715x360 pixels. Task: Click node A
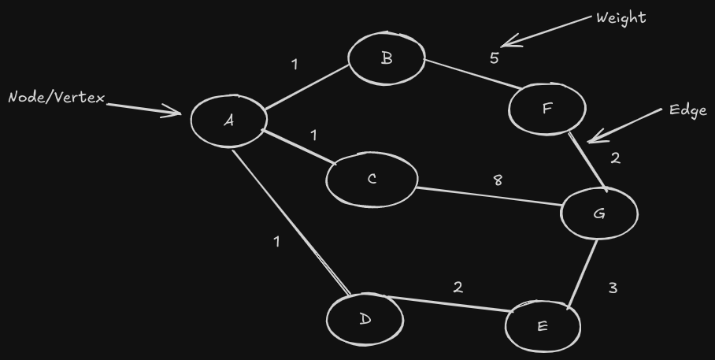pyautogui.click(x=229, y=121)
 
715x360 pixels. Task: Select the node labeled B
pyautogui.click(x=387, y=58)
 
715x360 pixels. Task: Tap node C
pyautogui.click(x=372, y=180)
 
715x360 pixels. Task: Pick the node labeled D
pyautogui.click(x=365, y=319)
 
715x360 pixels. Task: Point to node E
pyautogui.click(x=543, y=325)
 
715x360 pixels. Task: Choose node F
pyautogui.click(x=547, y=109)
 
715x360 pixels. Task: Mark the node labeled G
pyautogui.click(x=599, y=213)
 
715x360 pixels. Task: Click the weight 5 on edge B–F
pyautogui.click(x=494, y=58)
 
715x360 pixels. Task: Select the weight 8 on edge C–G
pyautogui.click(x=497, y=180)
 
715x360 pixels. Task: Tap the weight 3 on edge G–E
pyautogui.click(x=613, y=288)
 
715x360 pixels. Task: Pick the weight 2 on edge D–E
pyautogui.click(x=458, y=288)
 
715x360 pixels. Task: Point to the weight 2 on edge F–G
pyautogui.click(x=615, y=158)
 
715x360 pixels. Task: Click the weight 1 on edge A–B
pyautogui.click(x=295, y=65)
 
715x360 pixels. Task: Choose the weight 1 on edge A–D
pyautogui.click(x=276, y=242)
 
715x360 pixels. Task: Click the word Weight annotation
pyautogui.click(x=622, y=17)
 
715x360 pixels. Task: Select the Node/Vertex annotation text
pyautogui.click(x=56, y=98)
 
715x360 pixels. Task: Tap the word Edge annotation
pyautogui.click(x=687, y=109)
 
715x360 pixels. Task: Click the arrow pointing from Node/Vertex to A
pyautogui.click(x=146, y=108)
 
